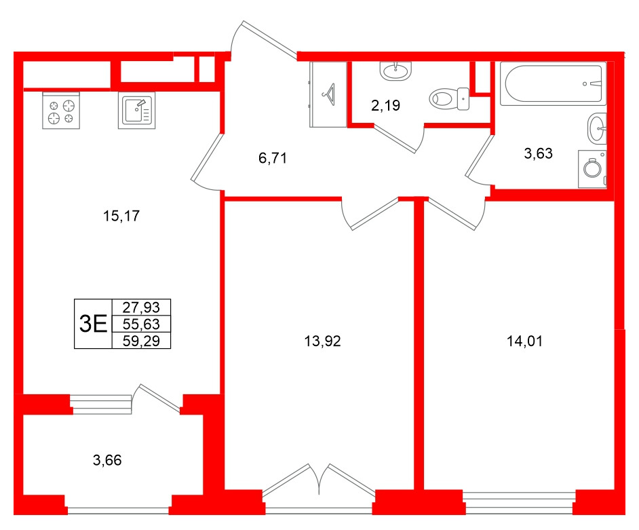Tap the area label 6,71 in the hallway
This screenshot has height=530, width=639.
coord(273,159)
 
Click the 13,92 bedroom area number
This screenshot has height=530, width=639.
coord(323,341)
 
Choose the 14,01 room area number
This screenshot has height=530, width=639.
coord(525,341)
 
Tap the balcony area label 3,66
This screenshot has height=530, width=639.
coord(106,461)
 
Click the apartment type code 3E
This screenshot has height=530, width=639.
coord(93,324)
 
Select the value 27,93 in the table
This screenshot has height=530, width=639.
coord(141,307)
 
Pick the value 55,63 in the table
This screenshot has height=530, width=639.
coord(141,324)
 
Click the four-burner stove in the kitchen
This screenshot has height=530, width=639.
coord(60,111)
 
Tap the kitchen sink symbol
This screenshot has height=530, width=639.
coord(138,111)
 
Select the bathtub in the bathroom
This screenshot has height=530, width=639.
coord(552,84)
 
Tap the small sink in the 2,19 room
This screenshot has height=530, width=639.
coord(395,70)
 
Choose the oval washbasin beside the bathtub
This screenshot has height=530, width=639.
coord(597,128)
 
